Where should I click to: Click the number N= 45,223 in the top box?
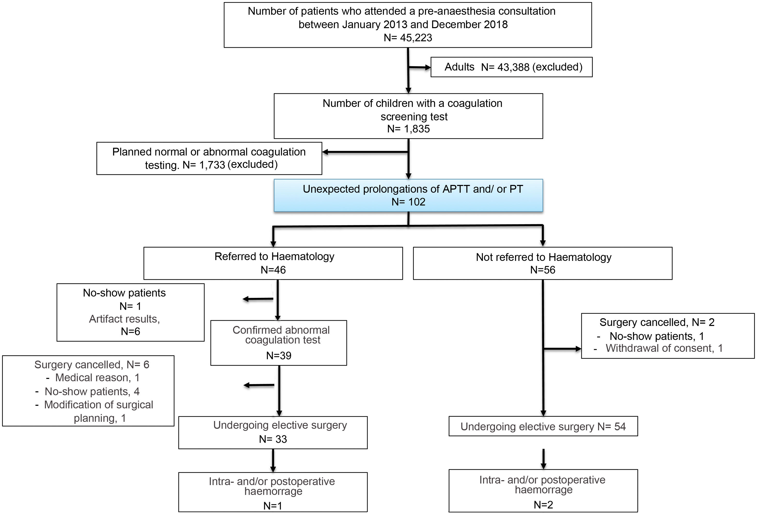[408, 38]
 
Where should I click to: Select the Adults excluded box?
[511, 67]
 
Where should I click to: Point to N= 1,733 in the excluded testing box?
[204, 165]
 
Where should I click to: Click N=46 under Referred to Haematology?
[273, 270]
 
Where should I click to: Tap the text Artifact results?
[124, 319]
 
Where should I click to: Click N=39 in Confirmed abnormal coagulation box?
[278, 356]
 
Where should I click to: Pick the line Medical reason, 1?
[97, 378]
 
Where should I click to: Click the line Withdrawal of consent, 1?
[664, 348]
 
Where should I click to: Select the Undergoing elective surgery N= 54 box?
[543, 426]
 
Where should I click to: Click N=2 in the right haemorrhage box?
[543, 505]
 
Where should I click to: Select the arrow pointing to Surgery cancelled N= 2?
[563, 349]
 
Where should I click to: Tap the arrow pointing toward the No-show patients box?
[257, 299]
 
